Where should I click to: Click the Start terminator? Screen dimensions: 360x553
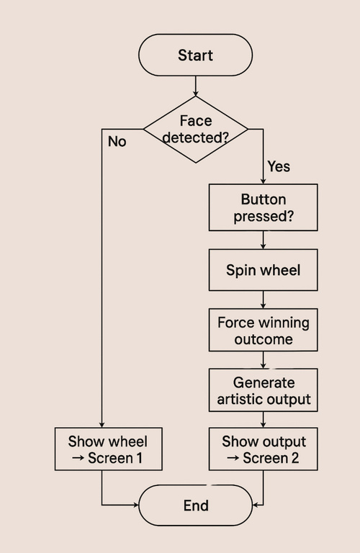click(x=195, y=55)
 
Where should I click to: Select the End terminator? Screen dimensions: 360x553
click(x=196, y=505)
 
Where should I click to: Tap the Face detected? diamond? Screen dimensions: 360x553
click(x=196, y=130)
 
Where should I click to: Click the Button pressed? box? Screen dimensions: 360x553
click(x=263, y=207)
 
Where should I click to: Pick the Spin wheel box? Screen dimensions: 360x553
click(x=263, y=270)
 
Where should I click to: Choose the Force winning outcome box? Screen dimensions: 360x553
click(x=263, y=330)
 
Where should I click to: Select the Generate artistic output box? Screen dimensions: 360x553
click(x=263, y=390)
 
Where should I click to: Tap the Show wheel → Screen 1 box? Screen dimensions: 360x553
click(x=108, y=449)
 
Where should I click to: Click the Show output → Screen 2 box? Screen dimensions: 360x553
click(x=263, y=449)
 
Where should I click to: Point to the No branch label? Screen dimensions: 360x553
click(x=117, y=141)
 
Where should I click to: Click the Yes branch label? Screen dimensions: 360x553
click(x=279, y=166)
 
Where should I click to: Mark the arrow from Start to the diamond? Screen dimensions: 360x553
click(x=195, y=86)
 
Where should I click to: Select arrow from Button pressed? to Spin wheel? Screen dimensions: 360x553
click(x=263, y=240)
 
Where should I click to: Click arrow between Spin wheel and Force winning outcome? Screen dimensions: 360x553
click(x=263, y=300)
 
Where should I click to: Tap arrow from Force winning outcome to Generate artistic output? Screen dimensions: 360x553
click(x=263, y=360)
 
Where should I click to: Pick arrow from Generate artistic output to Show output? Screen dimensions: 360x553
click(x=263, y=420)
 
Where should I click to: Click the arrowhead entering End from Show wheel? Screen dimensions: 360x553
click(x=136, y=505)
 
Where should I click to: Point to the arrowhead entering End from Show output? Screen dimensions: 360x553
click(x=256, y=505)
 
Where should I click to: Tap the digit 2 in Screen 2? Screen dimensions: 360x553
click(x=294, y=458)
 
